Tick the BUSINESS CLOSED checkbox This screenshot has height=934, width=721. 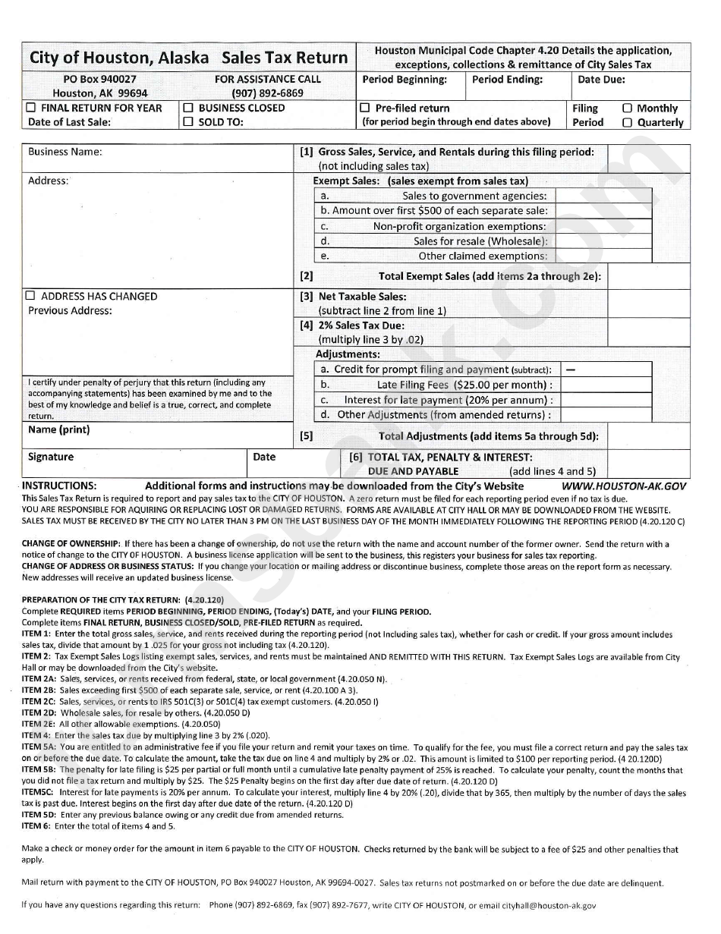coord(188,108)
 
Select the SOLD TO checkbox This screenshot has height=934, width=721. coord(188,121)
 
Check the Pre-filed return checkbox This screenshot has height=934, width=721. coord(365,108)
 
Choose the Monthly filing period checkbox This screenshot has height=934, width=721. coord(627,108)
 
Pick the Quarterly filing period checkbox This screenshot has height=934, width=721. coord(627,122)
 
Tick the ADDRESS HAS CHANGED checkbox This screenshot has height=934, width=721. coord(31,296)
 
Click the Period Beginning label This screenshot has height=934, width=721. coord(404,79)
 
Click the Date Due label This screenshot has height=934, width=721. coord(601,79)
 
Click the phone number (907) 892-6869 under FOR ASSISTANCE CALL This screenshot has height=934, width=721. coord(267,93)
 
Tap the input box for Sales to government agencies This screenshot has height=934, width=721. coord(603,196)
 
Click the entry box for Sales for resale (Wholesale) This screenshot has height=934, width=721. coord(603,241)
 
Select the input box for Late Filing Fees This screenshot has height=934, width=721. coord(606,385)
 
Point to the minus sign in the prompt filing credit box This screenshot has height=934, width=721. coord(571,370)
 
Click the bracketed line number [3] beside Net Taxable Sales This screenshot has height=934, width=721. coord(307,297)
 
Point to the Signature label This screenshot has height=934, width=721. coord(51,457)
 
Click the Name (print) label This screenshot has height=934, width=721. coord(58,429)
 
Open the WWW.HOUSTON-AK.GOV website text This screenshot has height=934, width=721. coord(624,486)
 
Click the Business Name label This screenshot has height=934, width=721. coord(65,152)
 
